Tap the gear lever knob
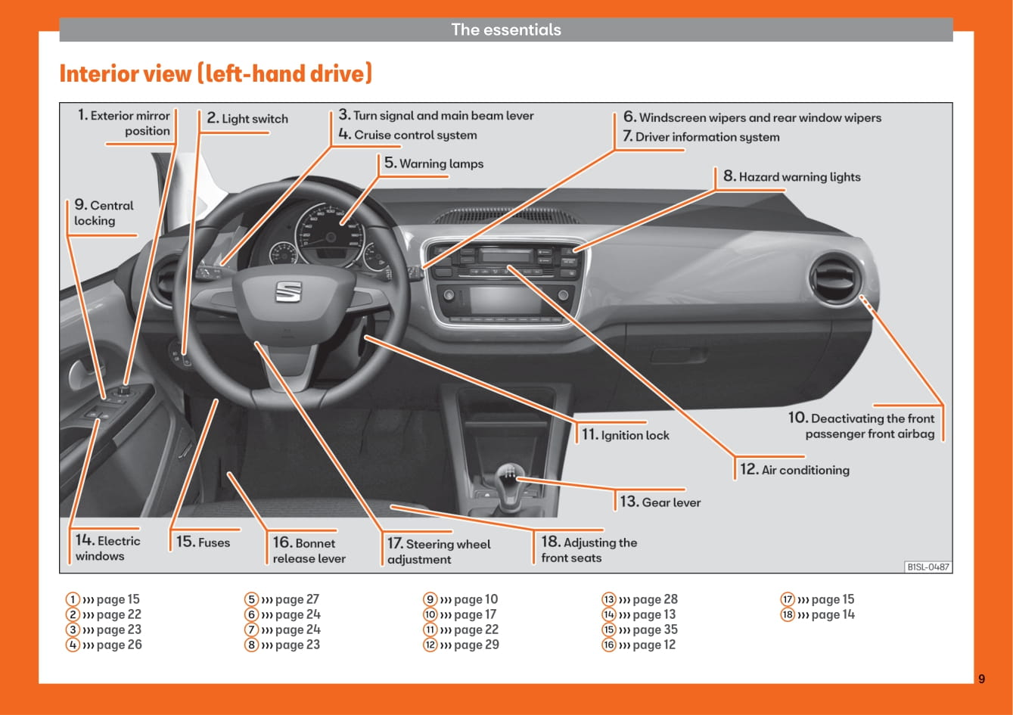pos(508,475)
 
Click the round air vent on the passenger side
pos(836,276)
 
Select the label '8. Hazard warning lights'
pos(792,176)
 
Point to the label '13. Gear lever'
pos(660,502)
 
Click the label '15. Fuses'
pos(203,541)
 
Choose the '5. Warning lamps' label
pos(433,163)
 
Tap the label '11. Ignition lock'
pos(626,434)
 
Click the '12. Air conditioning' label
pos(794,469)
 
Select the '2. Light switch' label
pos(247,118)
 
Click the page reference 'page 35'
pos(655,630)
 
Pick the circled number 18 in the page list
pos(788,614)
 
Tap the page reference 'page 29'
pos(476,645)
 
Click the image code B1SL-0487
pos(928,567)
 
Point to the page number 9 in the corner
pos(981,679)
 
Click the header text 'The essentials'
pos(506,30)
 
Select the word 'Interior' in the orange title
pos(126,73)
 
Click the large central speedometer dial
pos(331,235)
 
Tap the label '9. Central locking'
pos(104,212)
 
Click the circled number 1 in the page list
pos(73,599)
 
